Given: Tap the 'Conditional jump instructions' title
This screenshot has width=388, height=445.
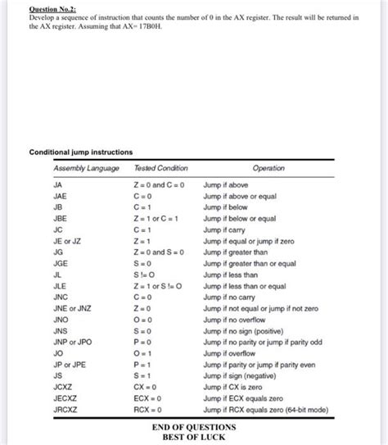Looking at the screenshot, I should pos(81,152).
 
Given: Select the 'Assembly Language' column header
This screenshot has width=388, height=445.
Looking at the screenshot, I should pos(86,169).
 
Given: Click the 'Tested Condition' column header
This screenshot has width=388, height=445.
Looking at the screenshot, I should pos(160,169).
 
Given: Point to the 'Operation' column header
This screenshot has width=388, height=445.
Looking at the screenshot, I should pos(268,169).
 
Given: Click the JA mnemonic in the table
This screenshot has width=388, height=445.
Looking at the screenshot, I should pos(57,186).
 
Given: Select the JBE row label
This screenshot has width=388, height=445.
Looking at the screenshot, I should pos(60,220).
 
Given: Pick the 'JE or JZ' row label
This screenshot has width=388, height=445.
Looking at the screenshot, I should pos(67,242).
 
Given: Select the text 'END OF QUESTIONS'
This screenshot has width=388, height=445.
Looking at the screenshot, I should pos(194,427).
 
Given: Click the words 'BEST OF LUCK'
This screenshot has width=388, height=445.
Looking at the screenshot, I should pos(194,438).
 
